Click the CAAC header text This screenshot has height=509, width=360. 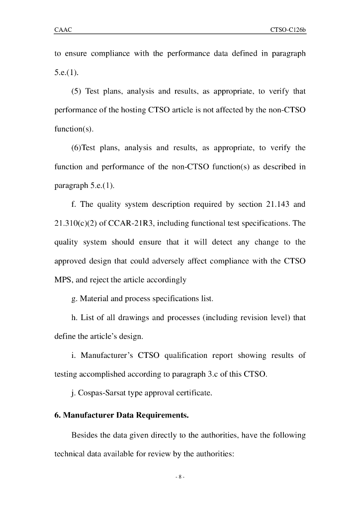click(63, 30)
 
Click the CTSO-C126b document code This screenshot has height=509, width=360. click(288, 30)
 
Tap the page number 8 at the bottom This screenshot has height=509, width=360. click(180, 477)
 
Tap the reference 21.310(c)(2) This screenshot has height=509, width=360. click(78, 223)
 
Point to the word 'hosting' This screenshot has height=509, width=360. click(133, 110)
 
